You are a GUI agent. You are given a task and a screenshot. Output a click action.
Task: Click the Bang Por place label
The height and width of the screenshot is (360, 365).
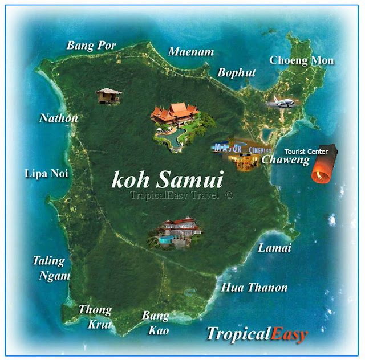tap(91, 45)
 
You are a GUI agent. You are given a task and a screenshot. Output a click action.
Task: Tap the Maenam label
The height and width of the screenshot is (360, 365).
tap(191, 52)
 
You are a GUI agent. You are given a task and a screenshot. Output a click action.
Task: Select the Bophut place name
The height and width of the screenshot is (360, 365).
tap(236, 73)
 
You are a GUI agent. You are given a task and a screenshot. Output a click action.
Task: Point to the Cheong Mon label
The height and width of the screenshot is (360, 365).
tap(302, 60)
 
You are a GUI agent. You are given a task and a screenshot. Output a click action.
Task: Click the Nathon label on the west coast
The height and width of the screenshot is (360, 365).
tap(59, 118)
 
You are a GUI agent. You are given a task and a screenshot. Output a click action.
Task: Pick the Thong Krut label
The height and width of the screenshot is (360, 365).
tap(95, 317)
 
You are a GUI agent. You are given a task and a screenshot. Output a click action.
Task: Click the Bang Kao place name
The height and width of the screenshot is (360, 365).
tap(156, 322)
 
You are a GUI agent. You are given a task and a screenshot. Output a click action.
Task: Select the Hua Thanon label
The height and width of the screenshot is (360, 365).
tap(254, 288)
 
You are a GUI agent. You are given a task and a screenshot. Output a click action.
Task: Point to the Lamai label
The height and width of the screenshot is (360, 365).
tap(274, 248)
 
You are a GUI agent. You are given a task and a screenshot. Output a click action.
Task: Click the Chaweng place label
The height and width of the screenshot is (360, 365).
tap(285, 160)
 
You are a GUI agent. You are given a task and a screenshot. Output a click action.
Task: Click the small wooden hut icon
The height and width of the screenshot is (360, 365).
tap(109, 96)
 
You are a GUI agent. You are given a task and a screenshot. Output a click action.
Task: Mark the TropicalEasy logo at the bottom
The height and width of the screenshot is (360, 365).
tap(257, 334)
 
